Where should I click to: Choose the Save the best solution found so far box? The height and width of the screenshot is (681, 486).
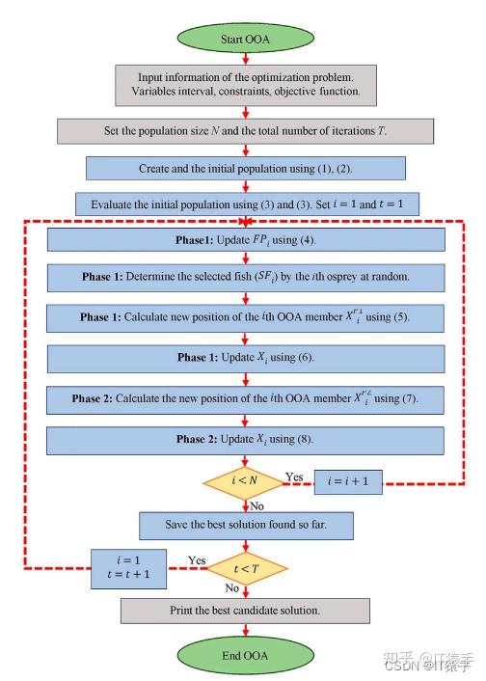(x=246, y=525)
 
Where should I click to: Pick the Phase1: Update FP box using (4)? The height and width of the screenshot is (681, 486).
(x=246, y=239)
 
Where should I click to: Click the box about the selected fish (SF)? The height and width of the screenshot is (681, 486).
(x=246, y=278)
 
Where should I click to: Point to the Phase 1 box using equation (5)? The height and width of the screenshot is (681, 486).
(x=246, y=317)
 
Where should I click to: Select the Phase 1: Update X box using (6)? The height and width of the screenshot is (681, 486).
(x=246, y=357)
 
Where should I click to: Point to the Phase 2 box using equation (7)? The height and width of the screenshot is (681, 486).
(x=246, y=396)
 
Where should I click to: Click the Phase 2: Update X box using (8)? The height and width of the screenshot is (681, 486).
(x=246, y=439)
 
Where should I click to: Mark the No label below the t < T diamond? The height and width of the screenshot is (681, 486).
(x=232, y=586)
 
